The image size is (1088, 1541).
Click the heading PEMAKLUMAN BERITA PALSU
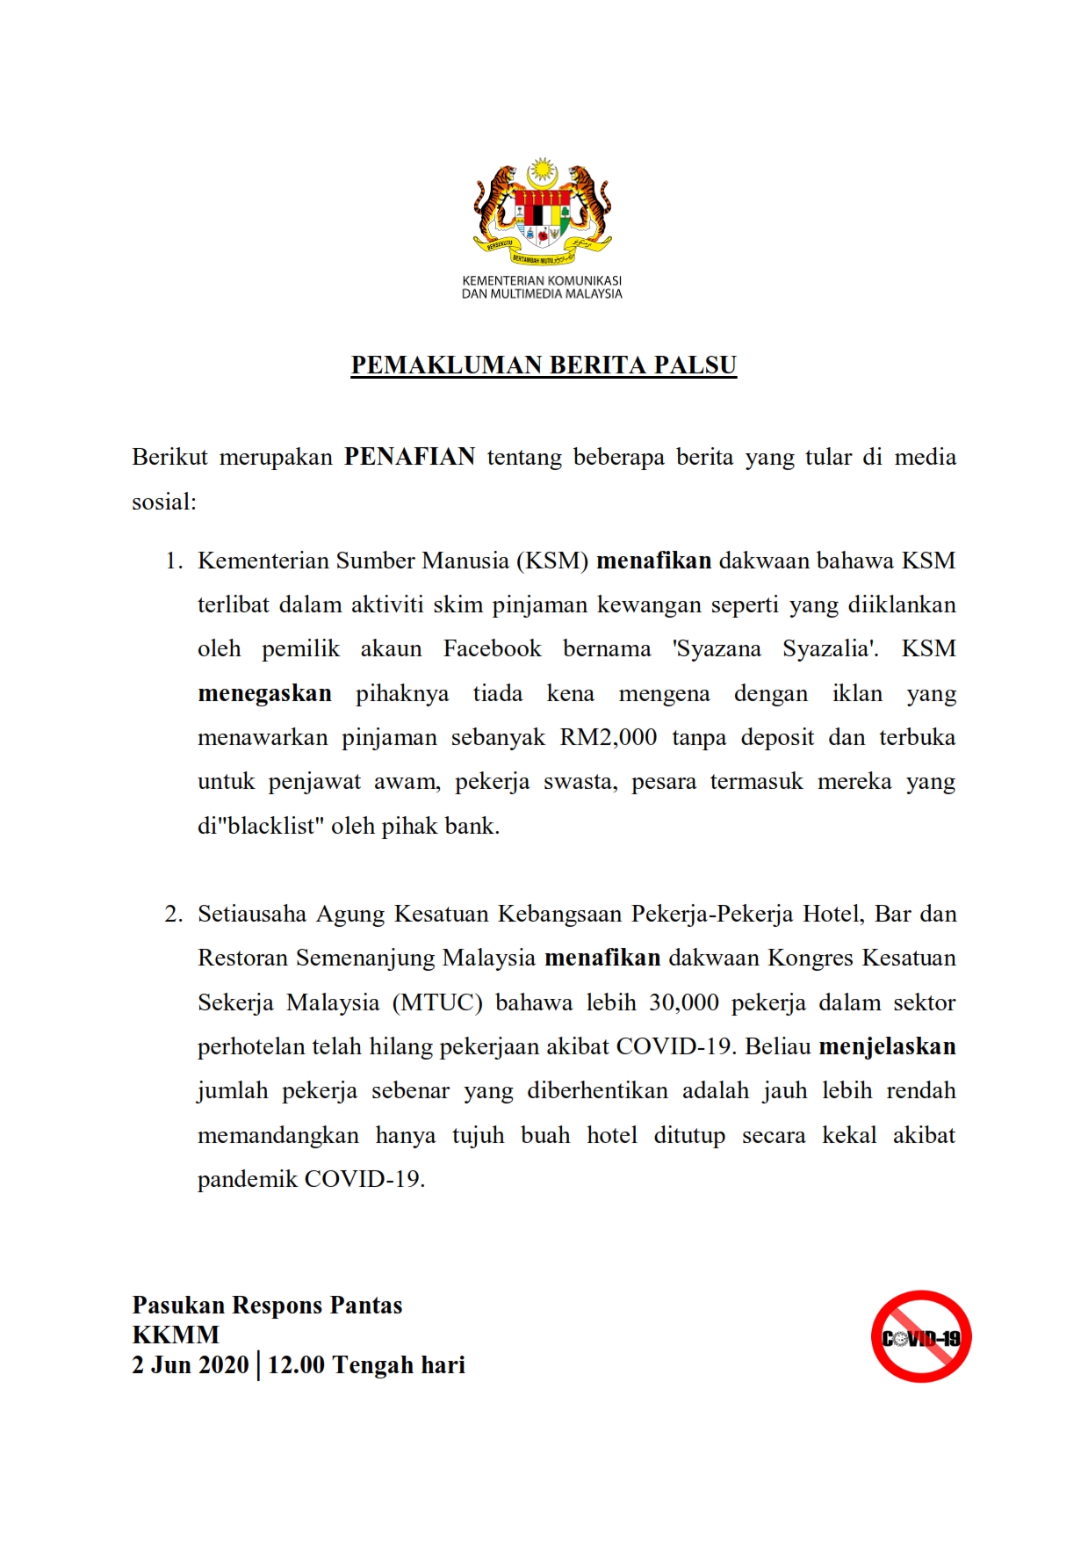click(x=544, y=365)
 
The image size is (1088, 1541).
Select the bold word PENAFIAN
click(x=409, y=457)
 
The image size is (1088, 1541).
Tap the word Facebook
click(x=492, y=649)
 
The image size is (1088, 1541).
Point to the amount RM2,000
click(x=609, y=737)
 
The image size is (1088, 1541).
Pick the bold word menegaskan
click(x=264, y=693)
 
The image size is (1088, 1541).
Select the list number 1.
click(x=174, y=561)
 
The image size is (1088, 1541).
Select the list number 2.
click(x=174, y=914)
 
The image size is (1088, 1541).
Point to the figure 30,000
click(x=684, y=1002)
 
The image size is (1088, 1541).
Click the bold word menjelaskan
click(x=887, y=1046)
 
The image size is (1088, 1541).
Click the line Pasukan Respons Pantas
click(x=267, y=1306)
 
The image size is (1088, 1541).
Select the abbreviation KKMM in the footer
click(x=176, y=1335)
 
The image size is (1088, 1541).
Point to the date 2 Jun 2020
click(x=191, y=1365)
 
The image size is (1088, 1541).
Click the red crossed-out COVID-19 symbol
click(x=920, y=1336)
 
